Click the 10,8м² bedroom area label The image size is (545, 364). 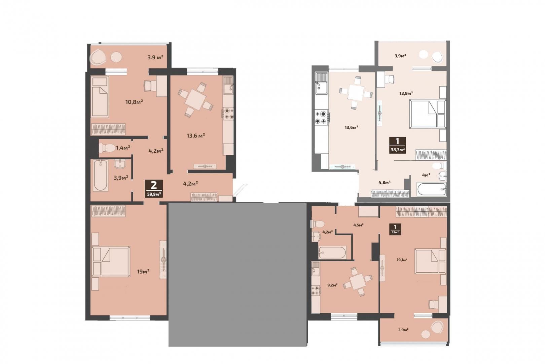pyautogui.click(x=134, y=102)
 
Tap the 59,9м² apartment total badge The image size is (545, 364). pyautogui.click(x=154, y=188)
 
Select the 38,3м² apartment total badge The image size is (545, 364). pyautogui.click(x=398, y=145)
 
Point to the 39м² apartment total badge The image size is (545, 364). pyautogui.click(x=395, y=230)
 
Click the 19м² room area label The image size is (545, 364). pyautogui.click(x=143, y=271)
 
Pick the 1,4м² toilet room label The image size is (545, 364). pyautogui.click(x=123, y=148)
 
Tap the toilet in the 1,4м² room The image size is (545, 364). pyautogui.click(x=107, y=148)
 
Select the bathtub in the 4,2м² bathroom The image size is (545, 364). pyautogui.click(x=332, y=252)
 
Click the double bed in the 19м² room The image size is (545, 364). pyautogui.click(x=111, y=262)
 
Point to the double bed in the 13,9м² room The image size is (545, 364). pyautogui.click(x=428, y=114)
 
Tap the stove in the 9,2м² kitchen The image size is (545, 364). pyautogui.click(x=316, y=291)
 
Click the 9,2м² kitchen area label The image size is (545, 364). pyautogui.click(x=332, y=285)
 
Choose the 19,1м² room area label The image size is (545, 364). pyautogui.click(x=402, y=260)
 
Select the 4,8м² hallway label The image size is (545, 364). pyautogui.click(x=385, y=182)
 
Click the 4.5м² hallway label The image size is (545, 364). pyautogui.click(x=358, y=225)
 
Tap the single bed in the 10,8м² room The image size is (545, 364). pyautogui.click(x=100, y=97)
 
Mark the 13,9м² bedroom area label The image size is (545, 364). pyautogui.click(x=406, y=93)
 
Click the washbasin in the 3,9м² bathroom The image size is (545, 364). pyautogui.click(x=120, y=164)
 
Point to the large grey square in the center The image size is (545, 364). pyautogui.click(x=238, y=275)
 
